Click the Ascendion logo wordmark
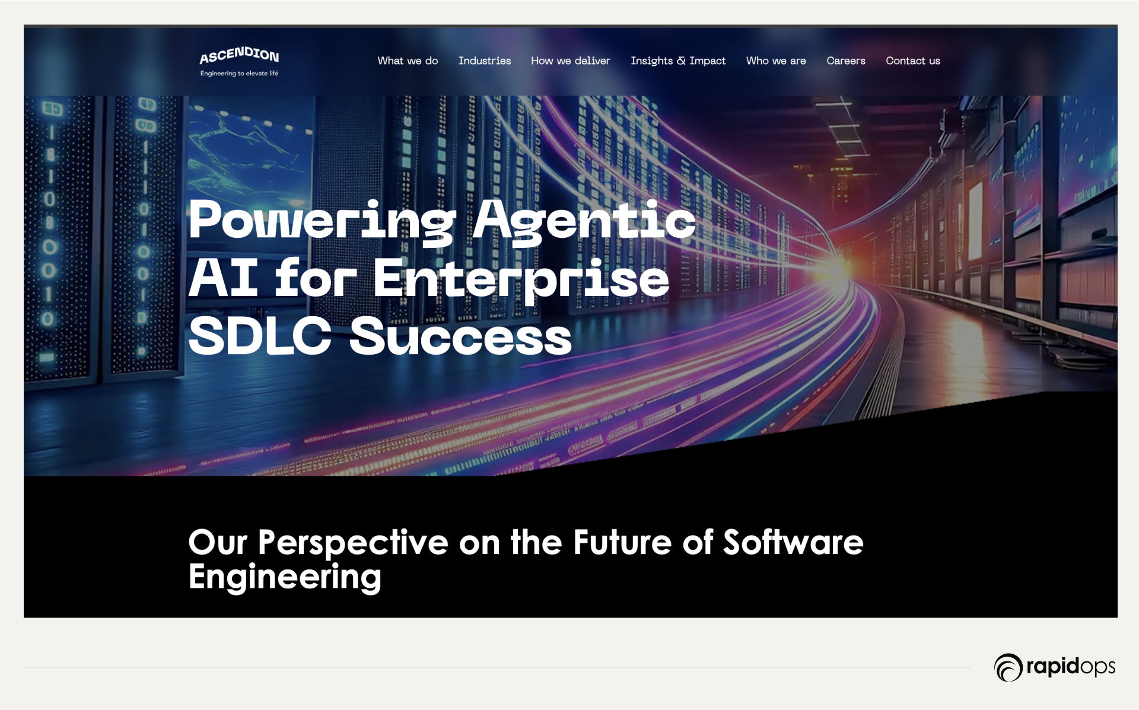pos(239,55)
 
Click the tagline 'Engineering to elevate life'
pos(239,74)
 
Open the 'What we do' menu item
pos(408,61)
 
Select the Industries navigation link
pos(485,61)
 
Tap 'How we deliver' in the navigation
pos(571,61)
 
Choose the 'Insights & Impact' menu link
pos(678,61)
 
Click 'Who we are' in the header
pos(776,61)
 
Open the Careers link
pos(846,61)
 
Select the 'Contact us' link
pos(913,61)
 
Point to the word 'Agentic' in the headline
pos(584,221)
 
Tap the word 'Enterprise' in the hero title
pos(521,279)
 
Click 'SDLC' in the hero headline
pos(259,335)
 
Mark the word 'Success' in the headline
pos(460,335)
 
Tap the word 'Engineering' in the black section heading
pos(285,577)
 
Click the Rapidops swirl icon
pos(1008,667)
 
